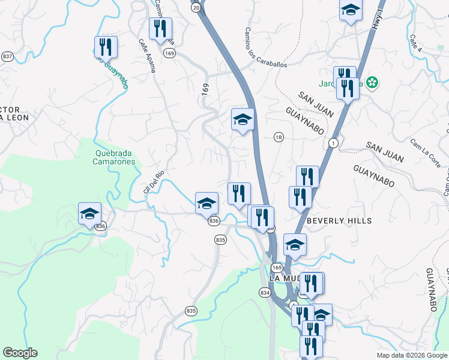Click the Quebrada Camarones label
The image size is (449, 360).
click(115, 157)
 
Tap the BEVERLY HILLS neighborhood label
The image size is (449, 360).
click(339, 221)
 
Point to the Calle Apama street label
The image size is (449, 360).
click(147, 56)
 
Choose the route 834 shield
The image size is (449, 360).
click(265, 292)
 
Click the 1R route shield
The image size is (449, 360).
click(278, 137)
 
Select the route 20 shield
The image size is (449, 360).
click(196, 7)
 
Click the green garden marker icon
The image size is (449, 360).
click(373, 83)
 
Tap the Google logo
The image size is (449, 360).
click(20, 353)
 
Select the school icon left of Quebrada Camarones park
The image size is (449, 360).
click(89, 214)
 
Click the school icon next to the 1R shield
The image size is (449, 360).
click(243, 119)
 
